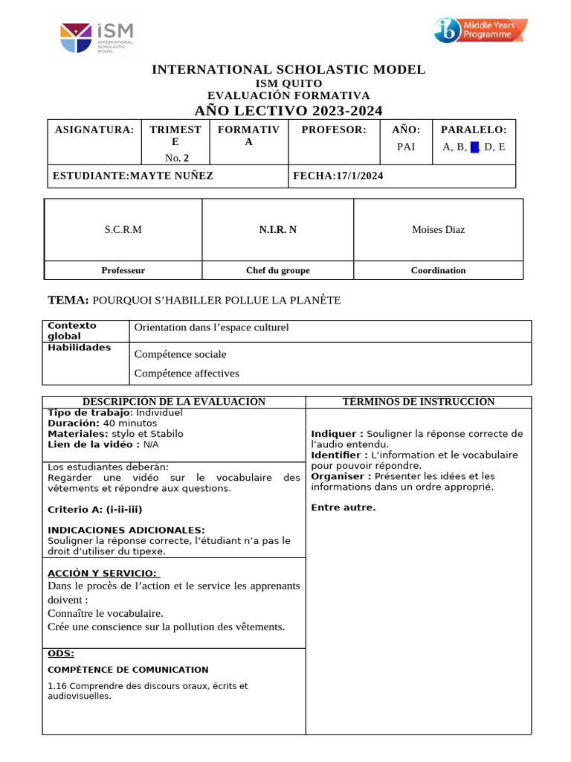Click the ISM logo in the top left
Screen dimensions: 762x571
97,37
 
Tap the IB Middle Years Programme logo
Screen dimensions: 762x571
480,31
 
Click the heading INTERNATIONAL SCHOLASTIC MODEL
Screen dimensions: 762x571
288,70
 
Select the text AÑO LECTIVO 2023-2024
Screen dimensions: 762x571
288,111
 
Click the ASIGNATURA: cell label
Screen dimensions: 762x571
94,129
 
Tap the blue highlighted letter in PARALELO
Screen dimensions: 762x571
474,147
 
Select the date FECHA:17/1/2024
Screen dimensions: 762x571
338,176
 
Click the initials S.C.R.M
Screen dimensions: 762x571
123,229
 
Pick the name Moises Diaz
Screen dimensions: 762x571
438,229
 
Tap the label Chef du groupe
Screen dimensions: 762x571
277,270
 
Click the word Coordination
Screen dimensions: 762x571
438,270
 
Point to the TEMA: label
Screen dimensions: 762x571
68,300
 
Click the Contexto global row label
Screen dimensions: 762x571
72,330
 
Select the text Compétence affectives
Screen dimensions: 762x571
187,373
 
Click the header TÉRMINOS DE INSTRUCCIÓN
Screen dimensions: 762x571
418,402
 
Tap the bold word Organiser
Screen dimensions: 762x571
337,476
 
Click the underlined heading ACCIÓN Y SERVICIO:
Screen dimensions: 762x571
103,572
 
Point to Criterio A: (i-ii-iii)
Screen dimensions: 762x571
94,510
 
